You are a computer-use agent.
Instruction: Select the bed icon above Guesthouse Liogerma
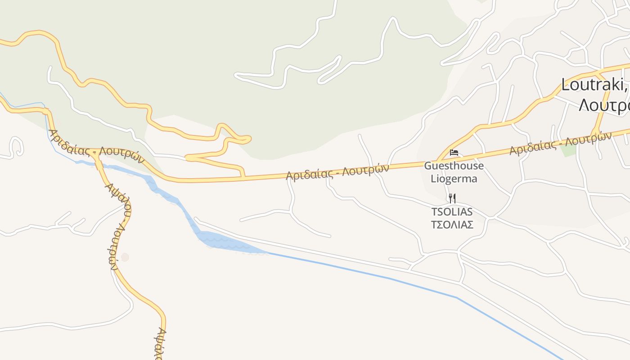[x=454, y=153]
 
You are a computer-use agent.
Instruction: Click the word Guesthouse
[x=454, y=166]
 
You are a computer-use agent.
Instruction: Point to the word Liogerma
[x=454, y=179]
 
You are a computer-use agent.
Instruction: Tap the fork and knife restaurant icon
[x=452, y=198]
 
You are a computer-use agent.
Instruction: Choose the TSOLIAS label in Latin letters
[x=452, y=211]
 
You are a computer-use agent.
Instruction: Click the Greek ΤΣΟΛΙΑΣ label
[x=452, y=224]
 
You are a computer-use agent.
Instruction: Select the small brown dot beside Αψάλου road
[x=125, y=257]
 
